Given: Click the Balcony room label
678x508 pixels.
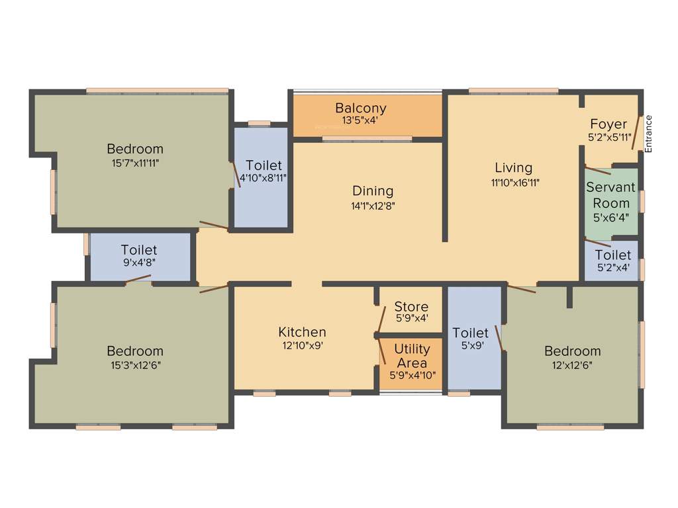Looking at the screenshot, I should [x=360, y=108].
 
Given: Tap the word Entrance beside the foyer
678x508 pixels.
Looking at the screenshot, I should [x=649, y=134].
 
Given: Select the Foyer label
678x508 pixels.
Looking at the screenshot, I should [x=608, y=124].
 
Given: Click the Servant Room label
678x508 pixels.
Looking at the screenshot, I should [x=610, y=195].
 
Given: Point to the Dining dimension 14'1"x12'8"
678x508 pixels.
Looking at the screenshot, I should [x=372, y=206].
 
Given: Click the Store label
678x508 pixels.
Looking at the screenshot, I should [x=411, y=307].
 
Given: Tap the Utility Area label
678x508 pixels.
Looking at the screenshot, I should [x=412, y=356].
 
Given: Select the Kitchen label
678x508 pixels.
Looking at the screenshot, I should [x=302, y=332].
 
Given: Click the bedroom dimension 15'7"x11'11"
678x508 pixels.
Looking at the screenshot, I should [x=135, y=162].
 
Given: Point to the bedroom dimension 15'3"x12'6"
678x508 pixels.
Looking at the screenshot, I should [x=135, y=364].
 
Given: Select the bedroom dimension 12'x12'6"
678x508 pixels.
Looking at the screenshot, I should [x=572, y=364].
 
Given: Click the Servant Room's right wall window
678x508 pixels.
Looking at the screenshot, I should [x=642, y=200].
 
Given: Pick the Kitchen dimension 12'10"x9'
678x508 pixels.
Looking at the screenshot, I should [x=302, y=345].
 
